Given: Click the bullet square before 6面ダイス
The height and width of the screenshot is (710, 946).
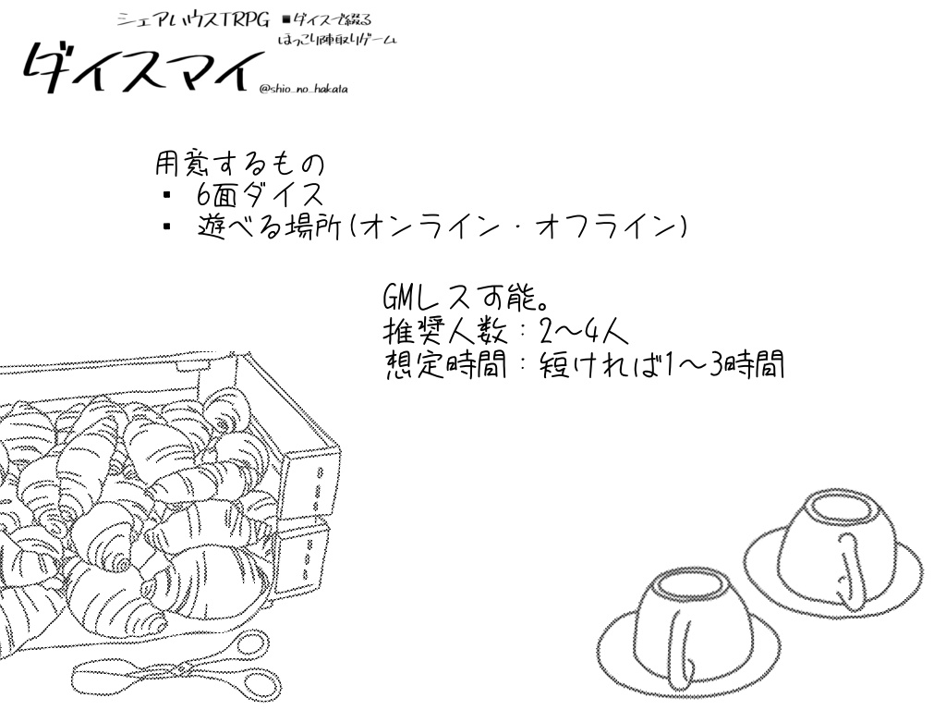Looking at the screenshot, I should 166,195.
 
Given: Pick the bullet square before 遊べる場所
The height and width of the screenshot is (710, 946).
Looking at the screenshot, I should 166,226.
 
